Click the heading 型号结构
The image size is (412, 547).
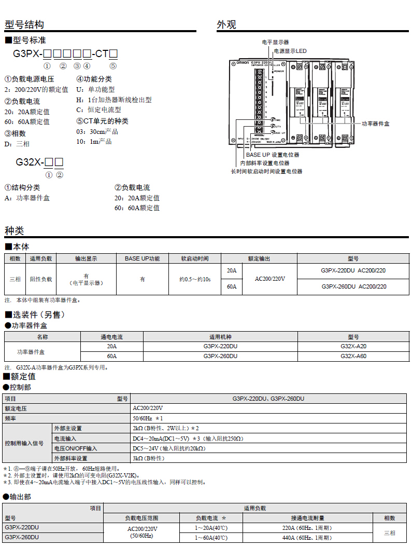24,24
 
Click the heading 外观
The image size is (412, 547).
226,24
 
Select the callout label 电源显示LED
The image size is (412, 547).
290,51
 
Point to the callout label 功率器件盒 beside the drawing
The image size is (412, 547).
375,124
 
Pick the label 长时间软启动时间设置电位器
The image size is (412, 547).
266,171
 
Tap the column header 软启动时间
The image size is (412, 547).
194,258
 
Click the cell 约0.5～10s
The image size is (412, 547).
194,279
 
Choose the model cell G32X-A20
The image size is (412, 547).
353,346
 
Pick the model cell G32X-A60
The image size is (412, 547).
353,356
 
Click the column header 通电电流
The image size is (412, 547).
111,337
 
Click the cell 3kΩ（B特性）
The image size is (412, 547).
148,458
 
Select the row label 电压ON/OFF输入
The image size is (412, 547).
76,448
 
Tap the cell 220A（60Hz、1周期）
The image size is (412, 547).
307,528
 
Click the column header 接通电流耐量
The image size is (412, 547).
307,518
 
